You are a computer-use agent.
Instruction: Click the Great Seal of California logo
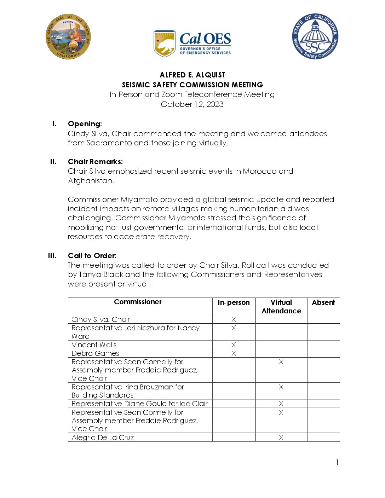[x=68, y=36]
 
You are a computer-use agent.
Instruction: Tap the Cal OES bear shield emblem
[x=164, y=43]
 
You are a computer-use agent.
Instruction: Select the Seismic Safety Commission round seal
[x=315, y=36]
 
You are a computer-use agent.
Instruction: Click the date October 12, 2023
[x=192, y=104]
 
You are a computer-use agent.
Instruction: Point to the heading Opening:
[x=85, y=124]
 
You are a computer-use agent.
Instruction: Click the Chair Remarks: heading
[x=95, y=162]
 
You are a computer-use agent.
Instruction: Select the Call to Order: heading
[x=92, y=256]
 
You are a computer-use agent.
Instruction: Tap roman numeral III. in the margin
[x=52, y=256]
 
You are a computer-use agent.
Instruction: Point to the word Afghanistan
[x=91, y=181]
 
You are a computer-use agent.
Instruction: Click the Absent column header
[x=323, y=302]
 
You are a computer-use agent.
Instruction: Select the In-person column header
[x=234, y=303]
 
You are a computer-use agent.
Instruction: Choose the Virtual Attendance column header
[x=281, y=307]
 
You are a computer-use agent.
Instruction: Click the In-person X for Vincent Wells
[x=234, y=345]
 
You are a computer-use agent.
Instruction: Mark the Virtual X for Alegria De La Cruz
[x=281, y=438]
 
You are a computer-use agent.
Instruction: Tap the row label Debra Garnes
[x=95, y=353]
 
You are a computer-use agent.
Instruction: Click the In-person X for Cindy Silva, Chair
[x=234, y=319]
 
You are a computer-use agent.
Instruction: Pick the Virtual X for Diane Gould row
[x=281, y=404]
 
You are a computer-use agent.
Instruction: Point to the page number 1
[x=337, y=462]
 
